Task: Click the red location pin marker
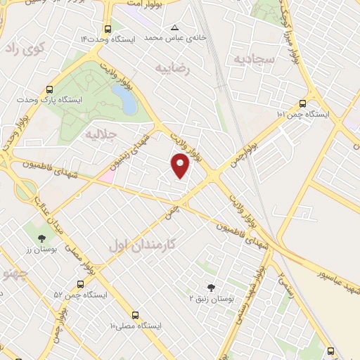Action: pos(181,165)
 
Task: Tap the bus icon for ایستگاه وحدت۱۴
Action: pos(108,30)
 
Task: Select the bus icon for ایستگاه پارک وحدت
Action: pos(49,90)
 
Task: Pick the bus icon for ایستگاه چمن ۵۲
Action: pos(79,285)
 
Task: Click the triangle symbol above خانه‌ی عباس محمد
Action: pos(174,28)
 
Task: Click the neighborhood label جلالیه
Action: pos(99,133)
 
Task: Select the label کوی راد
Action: pos(24,49)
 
